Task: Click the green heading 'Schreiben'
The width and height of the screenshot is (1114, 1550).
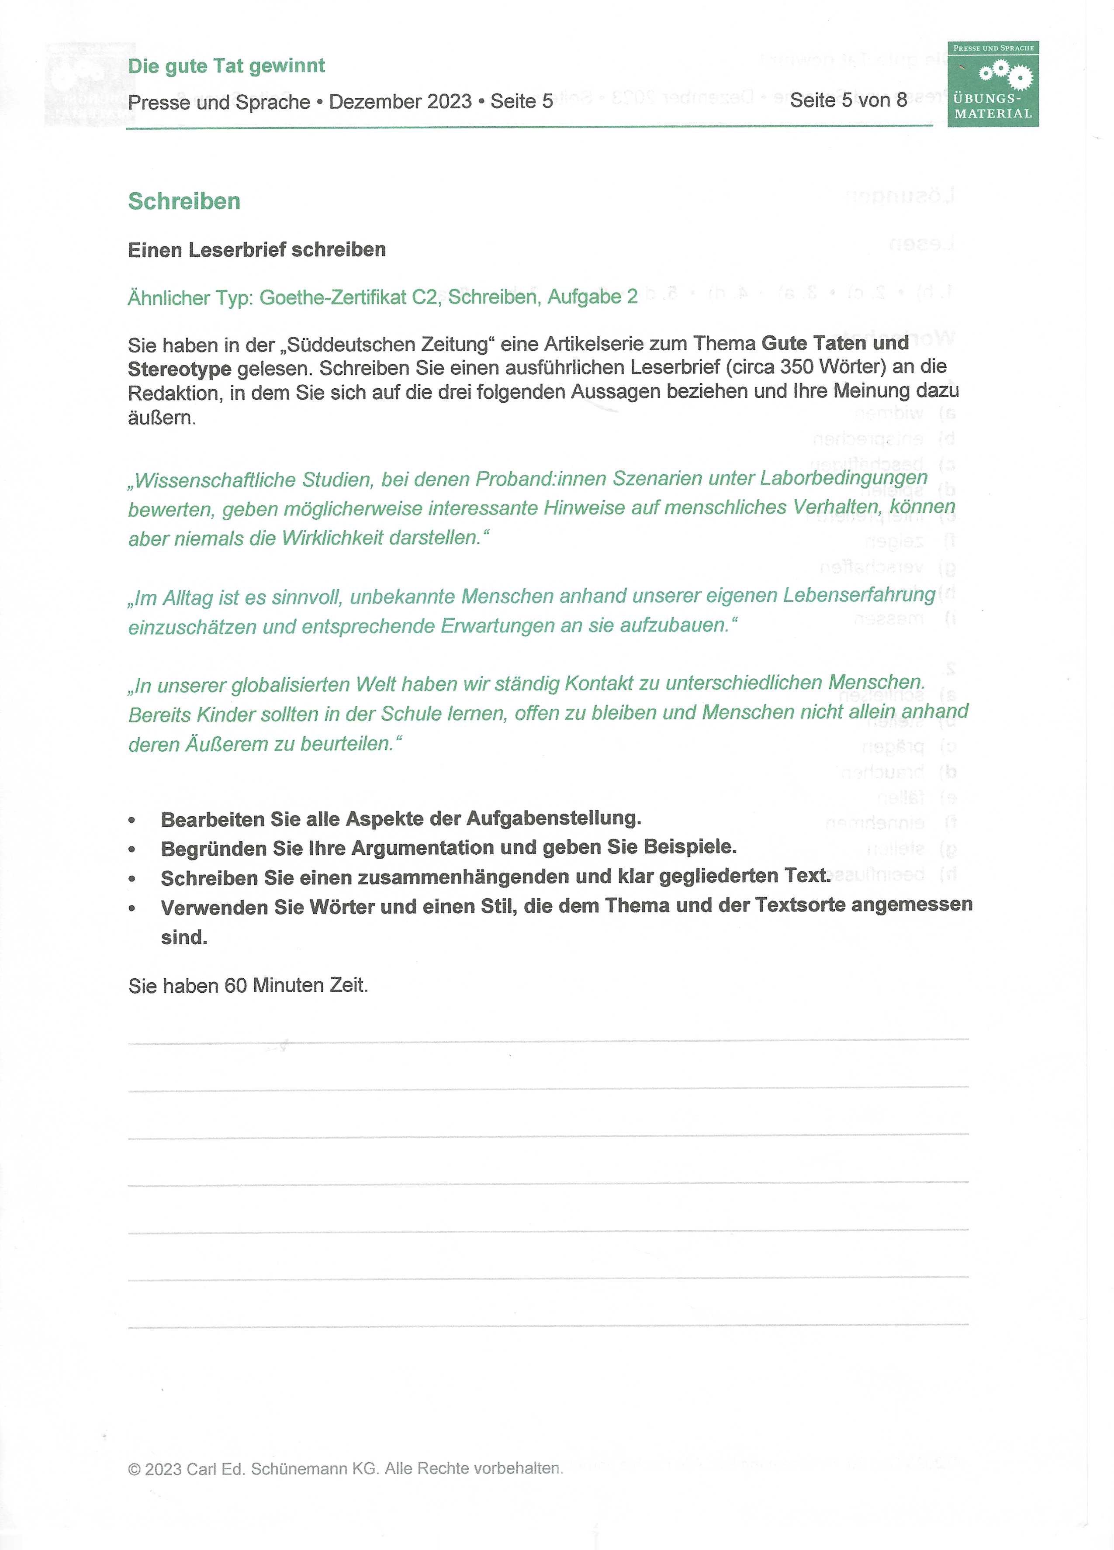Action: [184, 202]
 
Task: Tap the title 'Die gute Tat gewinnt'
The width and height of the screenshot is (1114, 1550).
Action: [226, 66]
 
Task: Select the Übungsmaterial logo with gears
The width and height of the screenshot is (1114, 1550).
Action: [993, 84]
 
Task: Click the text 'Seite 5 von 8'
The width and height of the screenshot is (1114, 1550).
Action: [848, 100]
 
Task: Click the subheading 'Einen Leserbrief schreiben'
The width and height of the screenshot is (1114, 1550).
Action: [256, 250]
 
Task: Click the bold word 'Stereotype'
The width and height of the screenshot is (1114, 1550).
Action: [179, 369]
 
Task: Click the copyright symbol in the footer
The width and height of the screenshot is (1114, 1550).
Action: [134, 1469]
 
